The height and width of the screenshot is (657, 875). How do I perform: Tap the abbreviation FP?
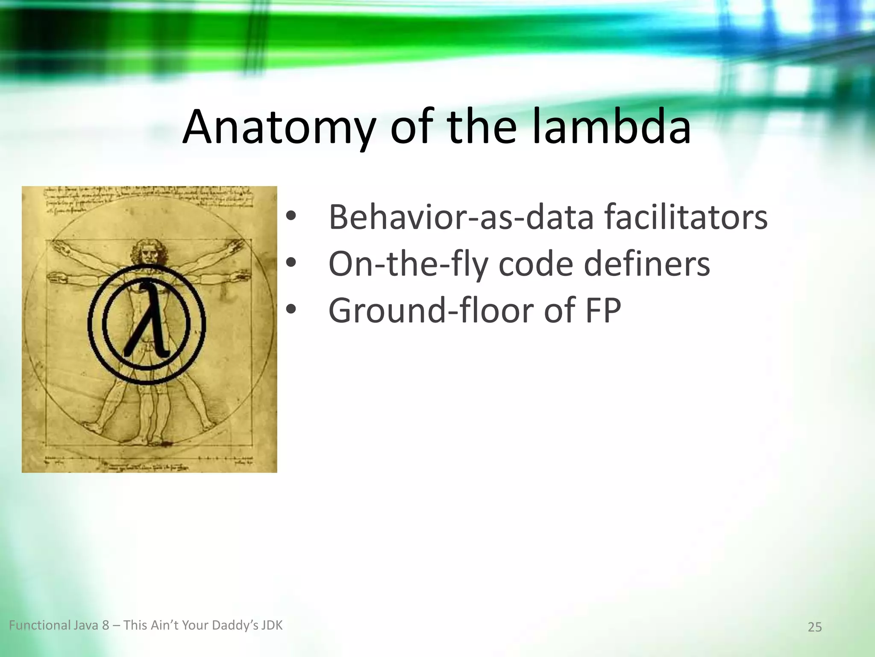coord(603,310)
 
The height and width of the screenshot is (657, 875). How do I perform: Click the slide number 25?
coord(815,627)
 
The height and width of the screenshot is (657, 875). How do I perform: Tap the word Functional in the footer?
coord(40,626)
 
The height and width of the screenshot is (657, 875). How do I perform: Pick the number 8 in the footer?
coord(106,626)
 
